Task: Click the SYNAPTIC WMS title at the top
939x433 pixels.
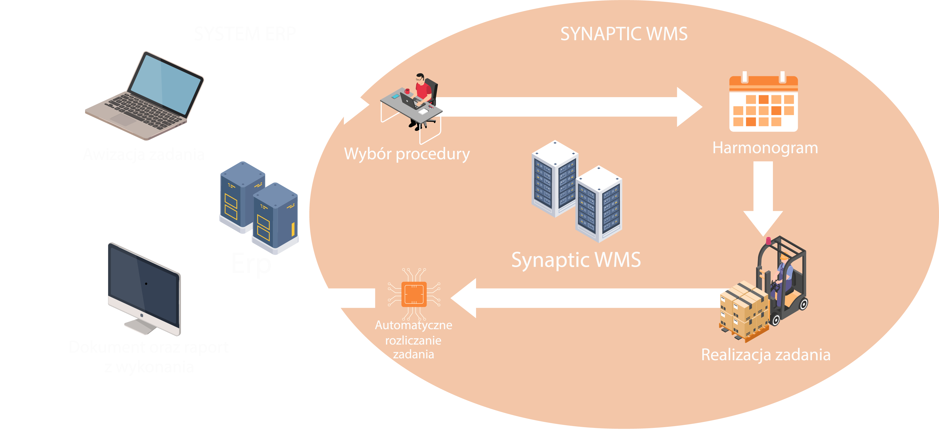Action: click(624, 34)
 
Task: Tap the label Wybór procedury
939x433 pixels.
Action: click(407, 154)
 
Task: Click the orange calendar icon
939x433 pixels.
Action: click(763, 104)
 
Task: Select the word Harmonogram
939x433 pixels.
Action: click(765, 148)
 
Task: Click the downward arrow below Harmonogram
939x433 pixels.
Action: click(763, 197)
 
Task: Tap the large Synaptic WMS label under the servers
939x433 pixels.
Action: click(576, 260)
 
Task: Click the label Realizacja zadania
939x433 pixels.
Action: click(765, 355)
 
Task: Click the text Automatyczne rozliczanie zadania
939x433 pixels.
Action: click(413, 340)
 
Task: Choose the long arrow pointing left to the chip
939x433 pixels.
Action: click(583, 298)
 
